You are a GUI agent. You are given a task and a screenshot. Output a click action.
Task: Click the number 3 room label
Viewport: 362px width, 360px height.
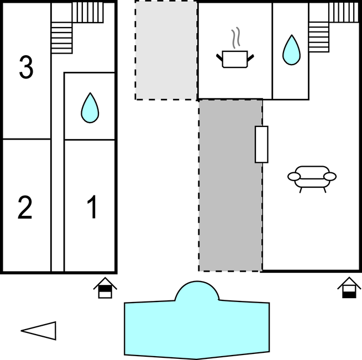26,67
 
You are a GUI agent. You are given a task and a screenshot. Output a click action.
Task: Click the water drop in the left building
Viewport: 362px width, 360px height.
90,108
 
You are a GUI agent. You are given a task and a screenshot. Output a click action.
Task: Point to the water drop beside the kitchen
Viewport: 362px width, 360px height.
291,51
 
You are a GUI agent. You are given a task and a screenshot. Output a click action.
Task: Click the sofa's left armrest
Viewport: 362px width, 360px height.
294,177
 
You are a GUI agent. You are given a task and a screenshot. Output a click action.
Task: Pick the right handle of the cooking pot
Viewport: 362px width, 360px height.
251,56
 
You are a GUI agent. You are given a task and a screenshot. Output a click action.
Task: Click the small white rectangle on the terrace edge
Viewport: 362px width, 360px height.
261,144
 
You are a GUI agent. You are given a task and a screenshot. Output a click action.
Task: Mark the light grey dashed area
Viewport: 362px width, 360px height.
166,50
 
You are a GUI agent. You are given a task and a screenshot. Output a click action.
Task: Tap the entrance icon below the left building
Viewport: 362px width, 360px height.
105,288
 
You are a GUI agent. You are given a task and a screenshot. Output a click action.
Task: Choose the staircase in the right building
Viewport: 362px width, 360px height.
326,28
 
